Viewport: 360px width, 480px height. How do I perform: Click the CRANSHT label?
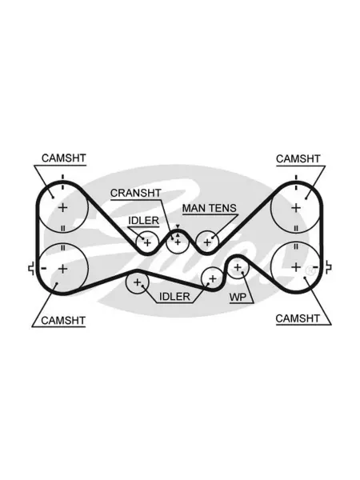coord(136,193)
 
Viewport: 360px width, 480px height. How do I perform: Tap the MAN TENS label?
coord(210,208)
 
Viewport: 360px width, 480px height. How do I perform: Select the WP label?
coord(238,297)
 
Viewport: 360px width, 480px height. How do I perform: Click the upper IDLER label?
coord(143,221)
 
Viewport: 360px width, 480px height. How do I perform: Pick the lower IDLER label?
coord(174,296)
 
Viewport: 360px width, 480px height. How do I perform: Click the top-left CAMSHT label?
coord(64,158)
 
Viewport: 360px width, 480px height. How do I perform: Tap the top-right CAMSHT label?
coord(298,159)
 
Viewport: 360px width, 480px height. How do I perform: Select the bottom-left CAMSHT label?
coord(63,321)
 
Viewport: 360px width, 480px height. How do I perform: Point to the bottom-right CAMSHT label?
coord(298,318)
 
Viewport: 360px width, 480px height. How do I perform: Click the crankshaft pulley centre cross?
coord(178,242)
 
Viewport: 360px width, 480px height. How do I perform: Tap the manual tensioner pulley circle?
coord(207,231)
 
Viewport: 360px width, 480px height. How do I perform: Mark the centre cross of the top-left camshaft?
coord(62,208)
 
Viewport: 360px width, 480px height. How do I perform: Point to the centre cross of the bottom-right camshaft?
coord(296,267)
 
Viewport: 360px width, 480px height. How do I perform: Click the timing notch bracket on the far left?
coord(31,269)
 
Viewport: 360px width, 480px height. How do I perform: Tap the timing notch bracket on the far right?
coord(327,267)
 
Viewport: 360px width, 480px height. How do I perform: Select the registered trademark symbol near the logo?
coord(310,270)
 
